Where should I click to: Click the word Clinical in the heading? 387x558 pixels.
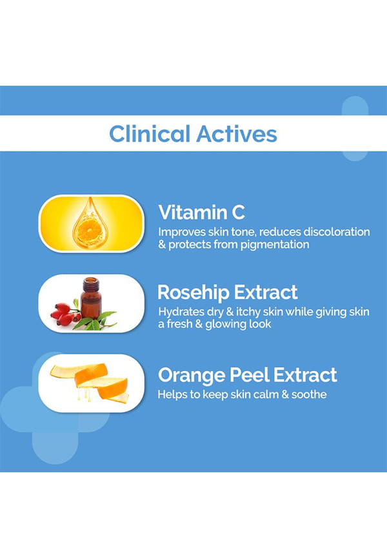pos(149,134)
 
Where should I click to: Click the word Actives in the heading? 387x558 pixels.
pos(237,134)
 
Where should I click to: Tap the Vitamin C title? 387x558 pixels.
pos(202,212)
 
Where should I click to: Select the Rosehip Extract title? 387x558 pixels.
pos(227,292)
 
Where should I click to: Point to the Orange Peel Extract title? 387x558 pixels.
pos(247,375)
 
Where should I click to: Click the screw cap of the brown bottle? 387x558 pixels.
pos(91,284)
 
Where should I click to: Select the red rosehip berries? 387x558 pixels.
pos(64,314)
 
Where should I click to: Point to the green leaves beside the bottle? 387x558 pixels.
pos(95,321)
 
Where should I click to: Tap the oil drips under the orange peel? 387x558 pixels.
pos(84,395)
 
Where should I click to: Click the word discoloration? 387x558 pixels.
pos(337,232)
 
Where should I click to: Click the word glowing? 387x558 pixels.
pos(226,324)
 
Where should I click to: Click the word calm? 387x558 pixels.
pos(266,394)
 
